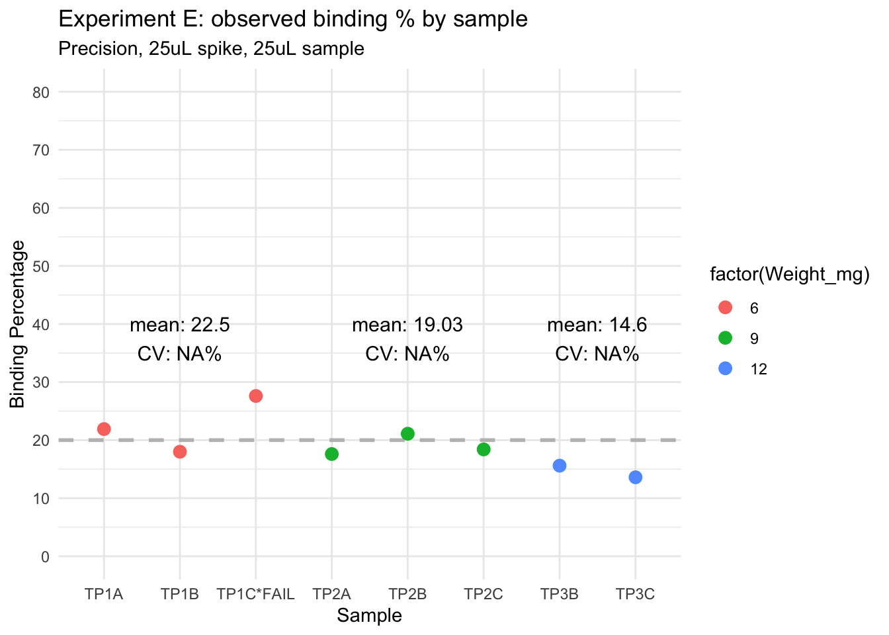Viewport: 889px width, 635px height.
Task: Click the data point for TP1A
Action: pyautogui.click(x=104, y=429)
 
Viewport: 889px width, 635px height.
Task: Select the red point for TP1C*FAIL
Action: pyautogui.click(x=256, y=396)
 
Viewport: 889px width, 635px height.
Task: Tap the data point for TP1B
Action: pyautogui.click(x=180, y=452)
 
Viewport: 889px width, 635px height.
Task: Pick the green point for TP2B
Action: pyautogui.click(x=407, y=434)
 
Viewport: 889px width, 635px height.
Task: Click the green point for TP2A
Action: pyautogui.click(x=332, y=454)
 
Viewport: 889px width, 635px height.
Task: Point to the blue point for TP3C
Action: pyautogui.click(x=636, y=478)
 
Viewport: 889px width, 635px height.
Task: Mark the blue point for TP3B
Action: pyautogui.click(x=560, y=466)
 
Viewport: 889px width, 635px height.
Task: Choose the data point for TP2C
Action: pyautogui.click(x=484, y=450)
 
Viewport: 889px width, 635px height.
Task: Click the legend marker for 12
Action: pyautogui.click(x=726, y=369)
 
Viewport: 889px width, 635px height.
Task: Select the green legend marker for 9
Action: pyautogui.click(x=726, y=338)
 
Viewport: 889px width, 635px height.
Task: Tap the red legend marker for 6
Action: pyautogui.click(x=726, y=308)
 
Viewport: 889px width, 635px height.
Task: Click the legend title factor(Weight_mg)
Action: pyautogui.click(x=789, y=275)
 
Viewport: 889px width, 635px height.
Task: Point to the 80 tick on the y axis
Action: pyautogui.click(x=41, y=92)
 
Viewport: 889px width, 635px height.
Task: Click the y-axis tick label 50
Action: pyautogui.click(x=41, y=266)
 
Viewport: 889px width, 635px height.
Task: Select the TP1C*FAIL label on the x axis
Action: pyautogui.click(x=256, y=594)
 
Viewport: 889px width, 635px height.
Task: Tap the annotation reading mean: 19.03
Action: pyautogui.click(x=407, y=325)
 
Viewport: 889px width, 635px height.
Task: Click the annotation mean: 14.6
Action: pyautogui.click(x=597, y=325)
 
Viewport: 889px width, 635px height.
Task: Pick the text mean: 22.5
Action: pyautogui.click(x=180, y=325)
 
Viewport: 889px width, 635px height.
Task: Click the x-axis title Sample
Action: pyautogui.click(x=369, y=616)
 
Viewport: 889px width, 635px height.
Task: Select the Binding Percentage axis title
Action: pyautogui.click(x=18, y=324)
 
